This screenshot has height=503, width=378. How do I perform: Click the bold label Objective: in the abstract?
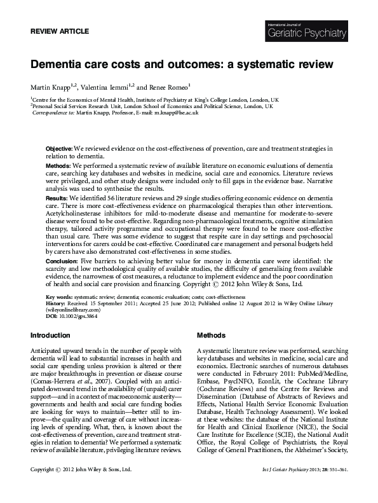coord(59,148)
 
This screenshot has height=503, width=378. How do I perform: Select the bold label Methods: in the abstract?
coord(58,165)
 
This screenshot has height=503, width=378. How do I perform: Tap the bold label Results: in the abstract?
coord(57,198)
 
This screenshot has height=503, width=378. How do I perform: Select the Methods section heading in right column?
coord(212,334)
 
